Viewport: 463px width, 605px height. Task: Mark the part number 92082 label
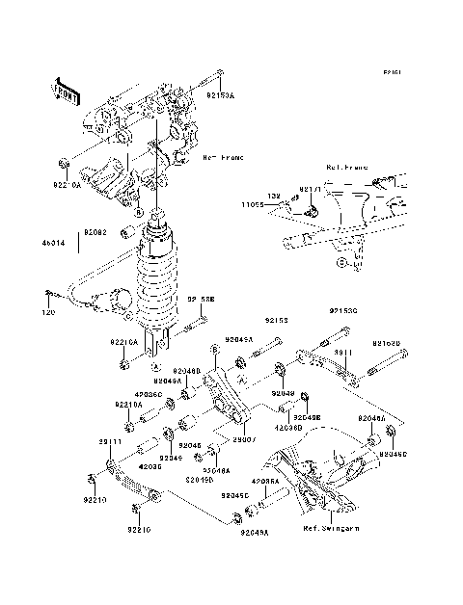(94, 232)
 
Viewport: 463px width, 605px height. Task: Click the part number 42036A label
(265, 480)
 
